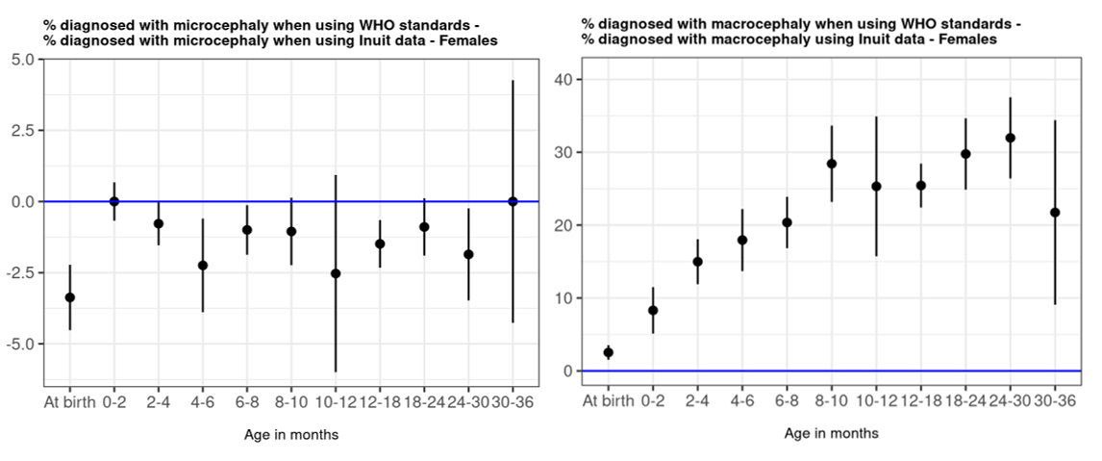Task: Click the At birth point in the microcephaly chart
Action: point(69,297)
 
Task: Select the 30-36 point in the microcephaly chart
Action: point(513,201)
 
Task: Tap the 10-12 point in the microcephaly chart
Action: point(336,273)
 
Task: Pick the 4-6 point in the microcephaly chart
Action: point(203,265)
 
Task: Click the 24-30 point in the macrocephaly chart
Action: point(1010,138)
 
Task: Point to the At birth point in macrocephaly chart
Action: point(608,352)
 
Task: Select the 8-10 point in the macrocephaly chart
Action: point(832,164)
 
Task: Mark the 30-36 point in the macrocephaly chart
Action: point(1054,212)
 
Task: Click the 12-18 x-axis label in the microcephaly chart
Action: point(380,402)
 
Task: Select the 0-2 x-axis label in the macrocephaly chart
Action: point(653,401)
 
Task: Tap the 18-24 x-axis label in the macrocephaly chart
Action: point(964,401)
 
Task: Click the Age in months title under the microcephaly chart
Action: point(290,435)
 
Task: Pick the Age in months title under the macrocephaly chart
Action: point(831,433)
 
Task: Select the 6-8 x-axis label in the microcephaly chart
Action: point(247,402)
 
